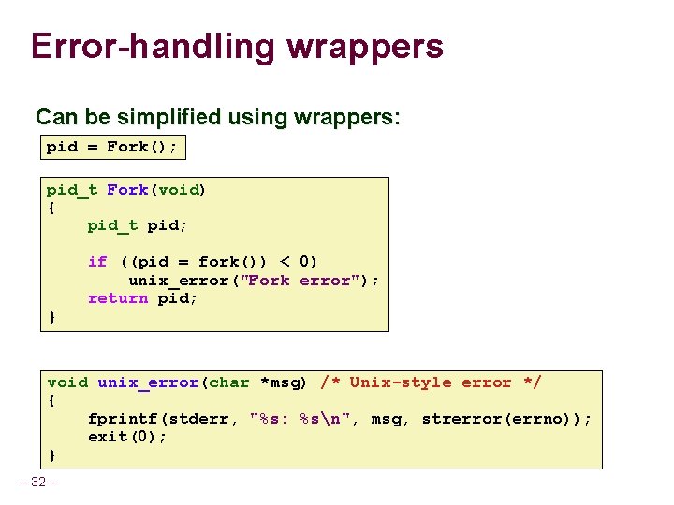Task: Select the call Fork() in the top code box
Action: [141, 147]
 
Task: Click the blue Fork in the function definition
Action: [127, 190]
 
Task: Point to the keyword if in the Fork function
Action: [97, 262]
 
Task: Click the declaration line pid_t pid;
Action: [138, 225]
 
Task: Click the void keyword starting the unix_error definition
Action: [67, 382]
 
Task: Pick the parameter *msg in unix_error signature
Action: [285, 382]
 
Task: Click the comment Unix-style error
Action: [431, 382]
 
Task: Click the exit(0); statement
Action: [127, 437]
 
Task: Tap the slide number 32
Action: [38, 482]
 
